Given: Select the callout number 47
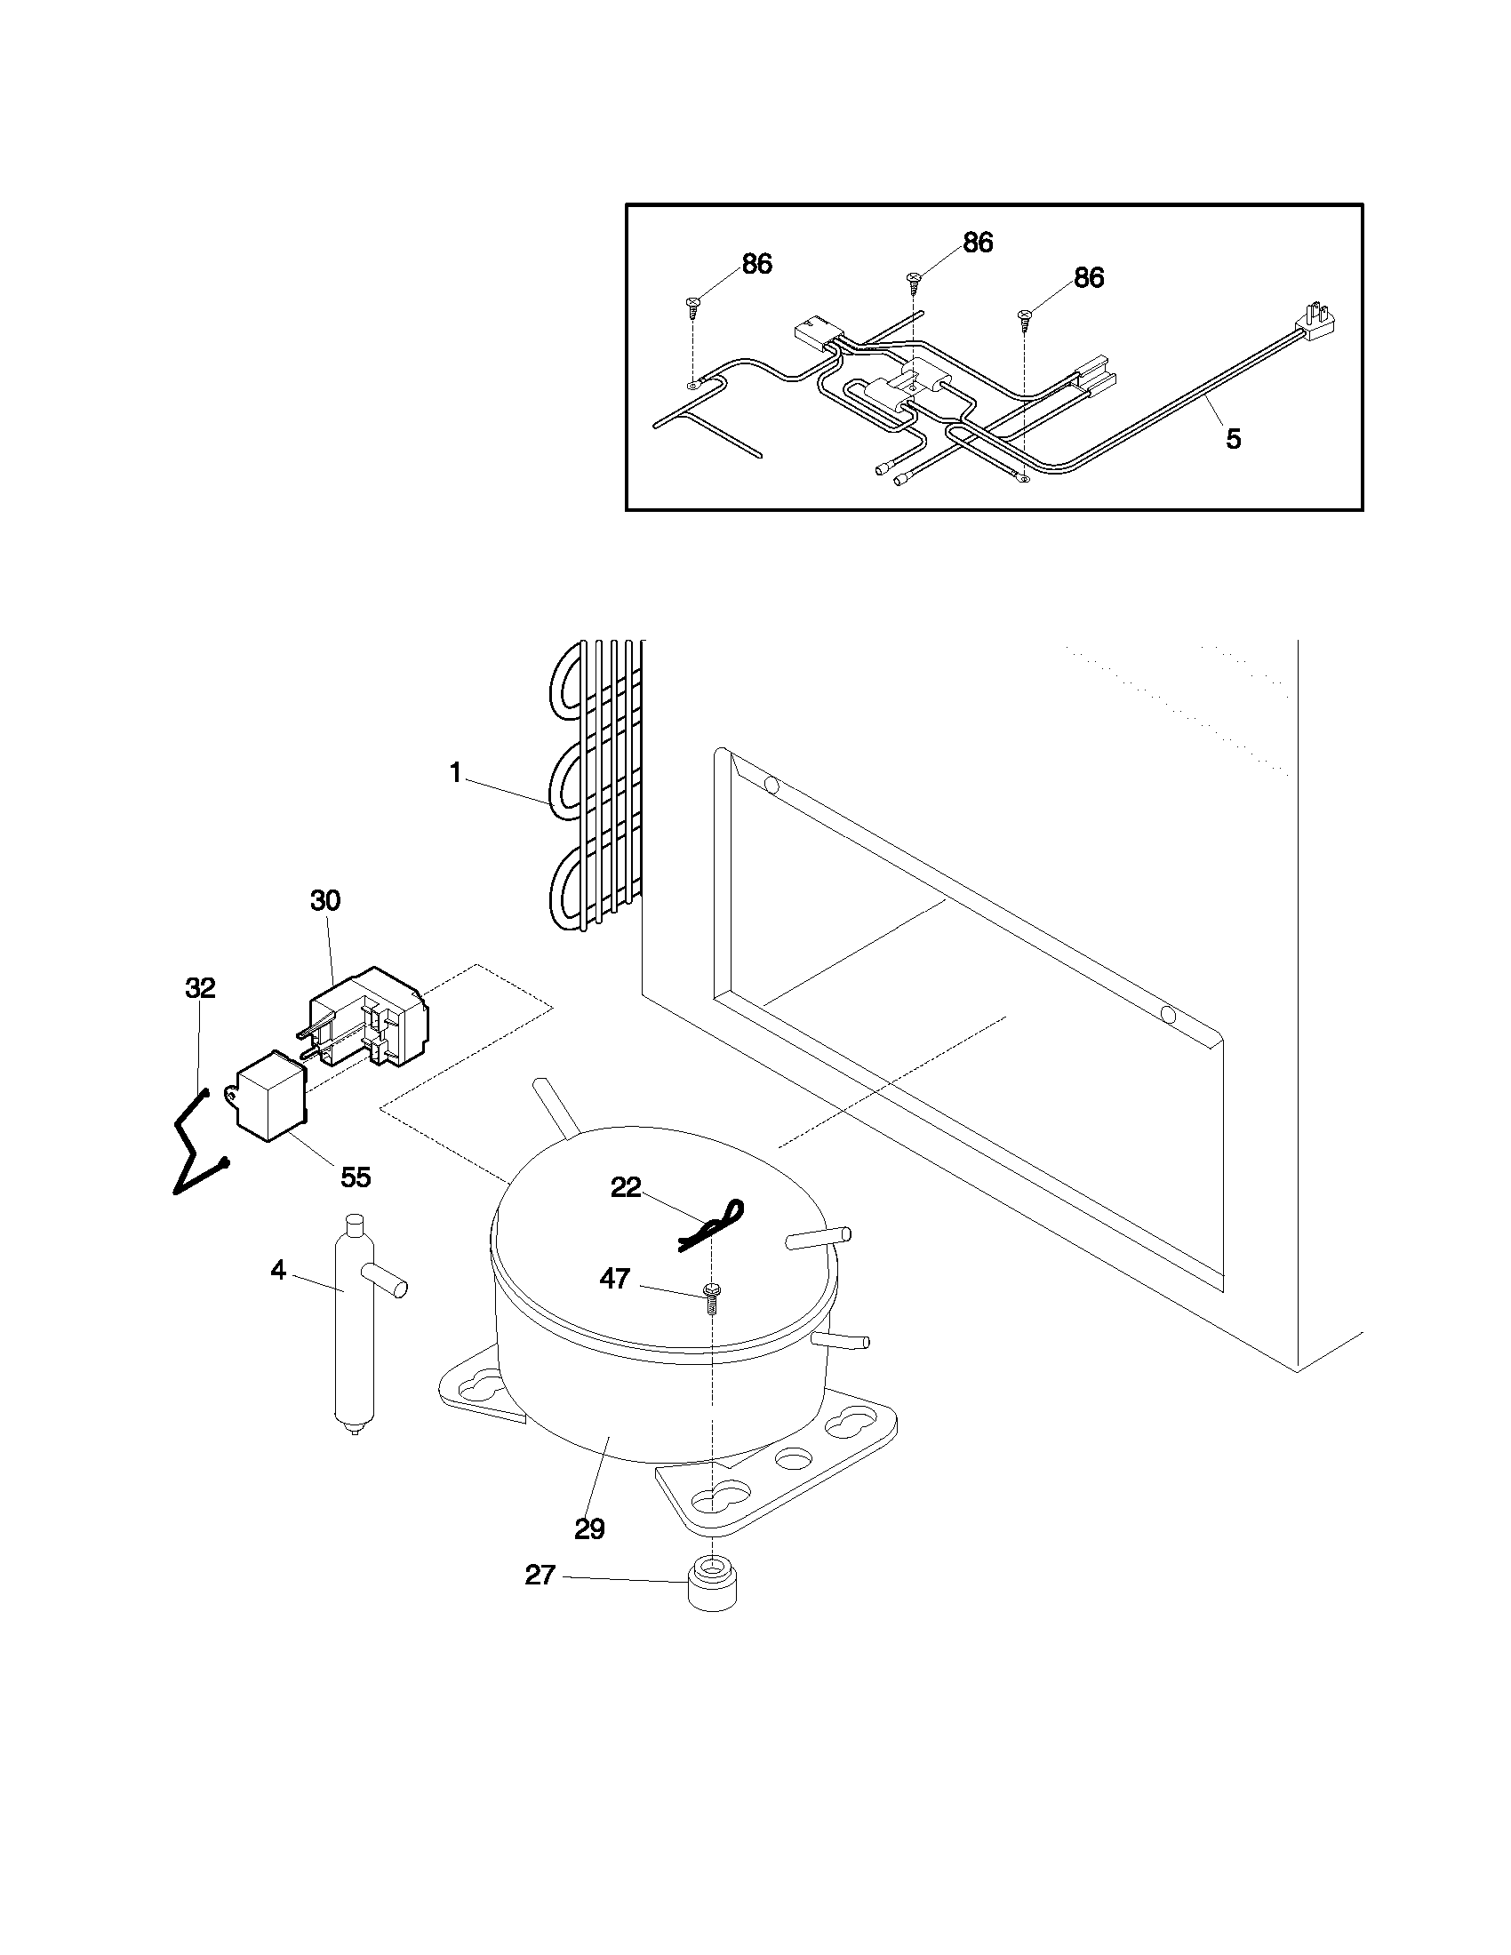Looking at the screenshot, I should [x=615, y=1279].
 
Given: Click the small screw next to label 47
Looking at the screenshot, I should [x=713, y=1297].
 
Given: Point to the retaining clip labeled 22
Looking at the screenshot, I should [x=714, y=1224].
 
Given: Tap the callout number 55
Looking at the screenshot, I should [x=356, y=1177].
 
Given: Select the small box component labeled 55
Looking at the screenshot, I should [x=271, y=1097].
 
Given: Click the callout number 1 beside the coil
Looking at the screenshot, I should [x=456, y=771].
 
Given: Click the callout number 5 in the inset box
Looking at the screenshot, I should [x=1234, y=439].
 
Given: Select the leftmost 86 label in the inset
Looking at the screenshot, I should [x=757, y=264].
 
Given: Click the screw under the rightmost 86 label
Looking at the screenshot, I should [x=1024, y=316].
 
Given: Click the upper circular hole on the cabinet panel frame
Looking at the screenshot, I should [x=771, y=786].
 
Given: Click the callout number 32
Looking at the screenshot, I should [x=201, y=988].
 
